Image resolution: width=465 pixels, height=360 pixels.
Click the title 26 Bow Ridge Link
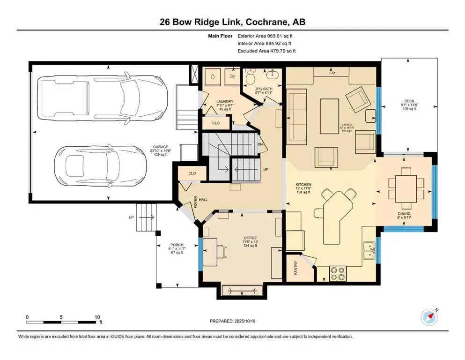(232, 22)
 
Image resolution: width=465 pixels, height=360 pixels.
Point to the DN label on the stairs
(261, 144)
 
